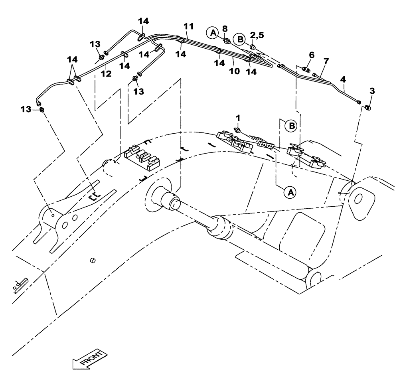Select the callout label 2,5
[x=257, y=36]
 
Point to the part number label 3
[x=371, y=91]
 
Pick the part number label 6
[x=312, y=54]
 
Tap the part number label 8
[x=225, y=29]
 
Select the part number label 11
[x=189, y=26]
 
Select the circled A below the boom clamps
[x=290, y=192]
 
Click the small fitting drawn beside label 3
[x=368, y=107]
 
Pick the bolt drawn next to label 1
[x=237, y=130]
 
